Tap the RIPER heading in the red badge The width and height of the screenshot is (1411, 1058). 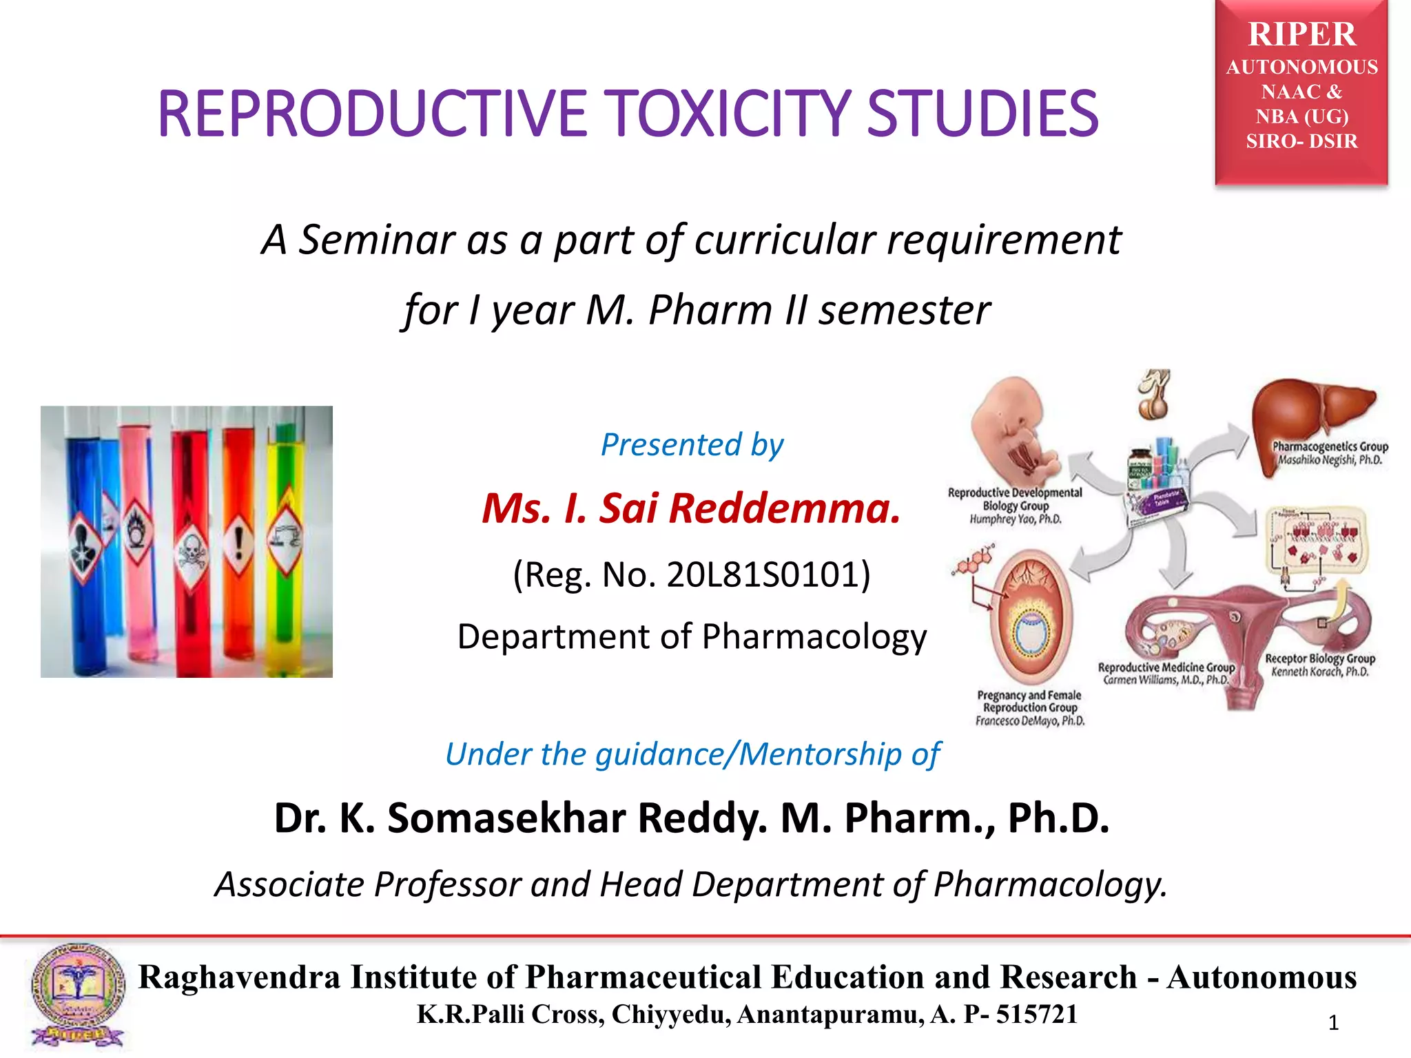[1301, 34]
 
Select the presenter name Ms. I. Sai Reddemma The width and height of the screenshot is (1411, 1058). [691, 508]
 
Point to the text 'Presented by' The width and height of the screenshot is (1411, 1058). [692, 444]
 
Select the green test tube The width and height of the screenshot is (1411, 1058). [285, 544]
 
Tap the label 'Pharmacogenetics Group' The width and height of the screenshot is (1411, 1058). [1330, 446]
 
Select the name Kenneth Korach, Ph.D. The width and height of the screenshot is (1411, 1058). [1319, 672]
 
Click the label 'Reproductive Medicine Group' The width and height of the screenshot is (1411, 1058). [1166, 667]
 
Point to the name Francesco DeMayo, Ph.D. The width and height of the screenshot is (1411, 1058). [1030, 720]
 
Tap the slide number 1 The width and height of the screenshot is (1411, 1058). [1333, 1023]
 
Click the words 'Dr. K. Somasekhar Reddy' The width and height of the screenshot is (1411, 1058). [520, 818]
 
